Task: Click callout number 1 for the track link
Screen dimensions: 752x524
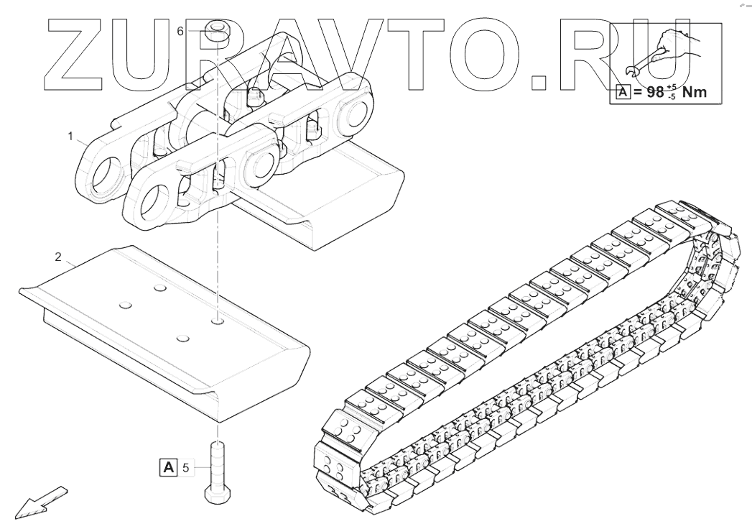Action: [x=71, y=134]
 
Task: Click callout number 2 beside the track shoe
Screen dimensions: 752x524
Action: [x=57, y=257]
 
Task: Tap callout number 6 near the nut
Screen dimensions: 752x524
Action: [x=180, y=31]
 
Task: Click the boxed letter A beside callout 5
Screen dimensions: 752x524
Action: [x=168, y=468]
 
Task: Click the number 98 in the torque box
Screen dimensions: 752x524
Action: [x=655, y=93]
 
